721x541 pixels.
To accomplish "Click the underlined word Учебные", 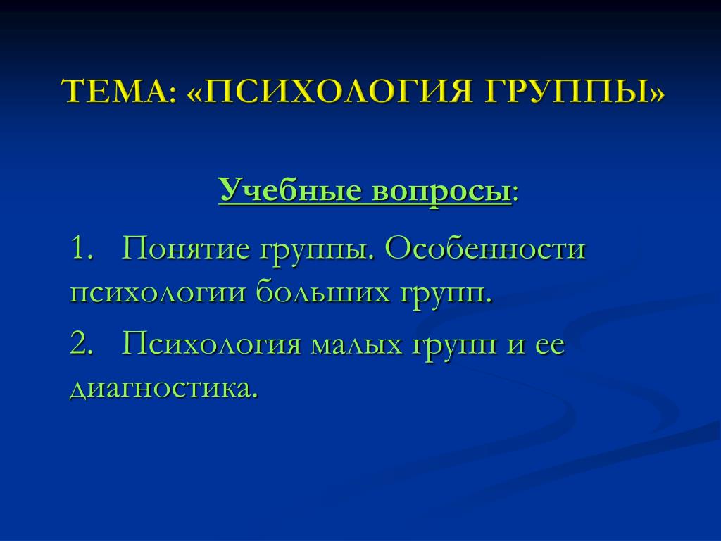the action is tap(289, 190).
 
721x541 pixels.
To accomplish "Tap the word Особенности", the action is tap(484, 249).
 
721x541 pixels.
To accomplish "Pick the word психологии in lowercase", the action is tap(158, 294).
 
